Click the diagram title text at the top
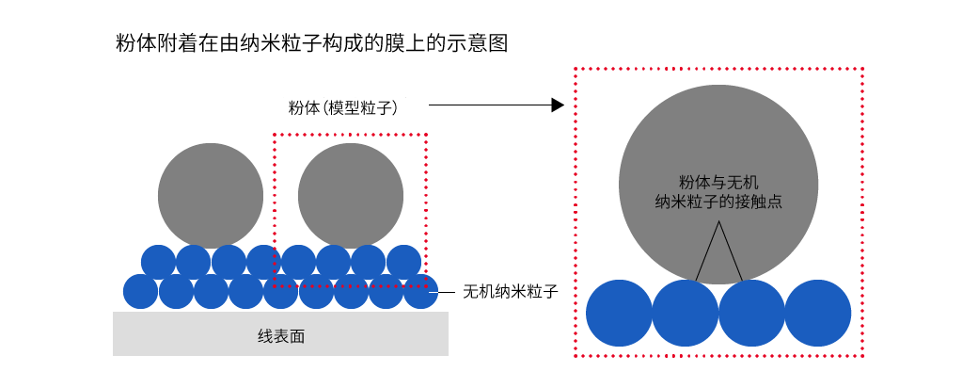pos(310,43)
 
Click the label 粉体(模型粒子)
pos(343,107)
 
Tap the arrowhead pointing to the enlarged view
pos(557,105)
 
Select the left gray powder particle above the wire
pos(211,195)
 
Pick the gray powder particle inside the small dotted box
pos(351,195)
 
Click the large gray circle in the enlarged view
pos(718,141)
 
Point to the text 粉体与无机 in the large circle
pos(718,182)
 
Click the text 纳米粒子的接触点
pos(718,201)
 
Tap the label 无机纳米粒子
pos(511,292)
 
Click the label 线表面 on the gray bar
pos(281,335)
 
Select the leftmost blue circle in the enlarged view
pos(620,313)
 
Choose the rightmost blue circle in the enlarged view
pos(818,313)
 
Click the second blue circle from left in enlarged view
pos(686,313)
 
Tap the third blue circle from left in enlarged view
pos(752,313)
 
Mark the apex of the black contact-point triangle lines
pos(719,222)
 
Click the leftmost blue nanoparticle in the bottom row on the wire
pos(141,291)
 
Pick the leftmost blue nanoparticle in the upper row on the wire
pos(158,261)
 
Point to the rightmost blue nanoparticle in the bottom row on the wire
pos(420,291)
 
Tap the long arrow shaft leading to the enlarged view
pos(489,105)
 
